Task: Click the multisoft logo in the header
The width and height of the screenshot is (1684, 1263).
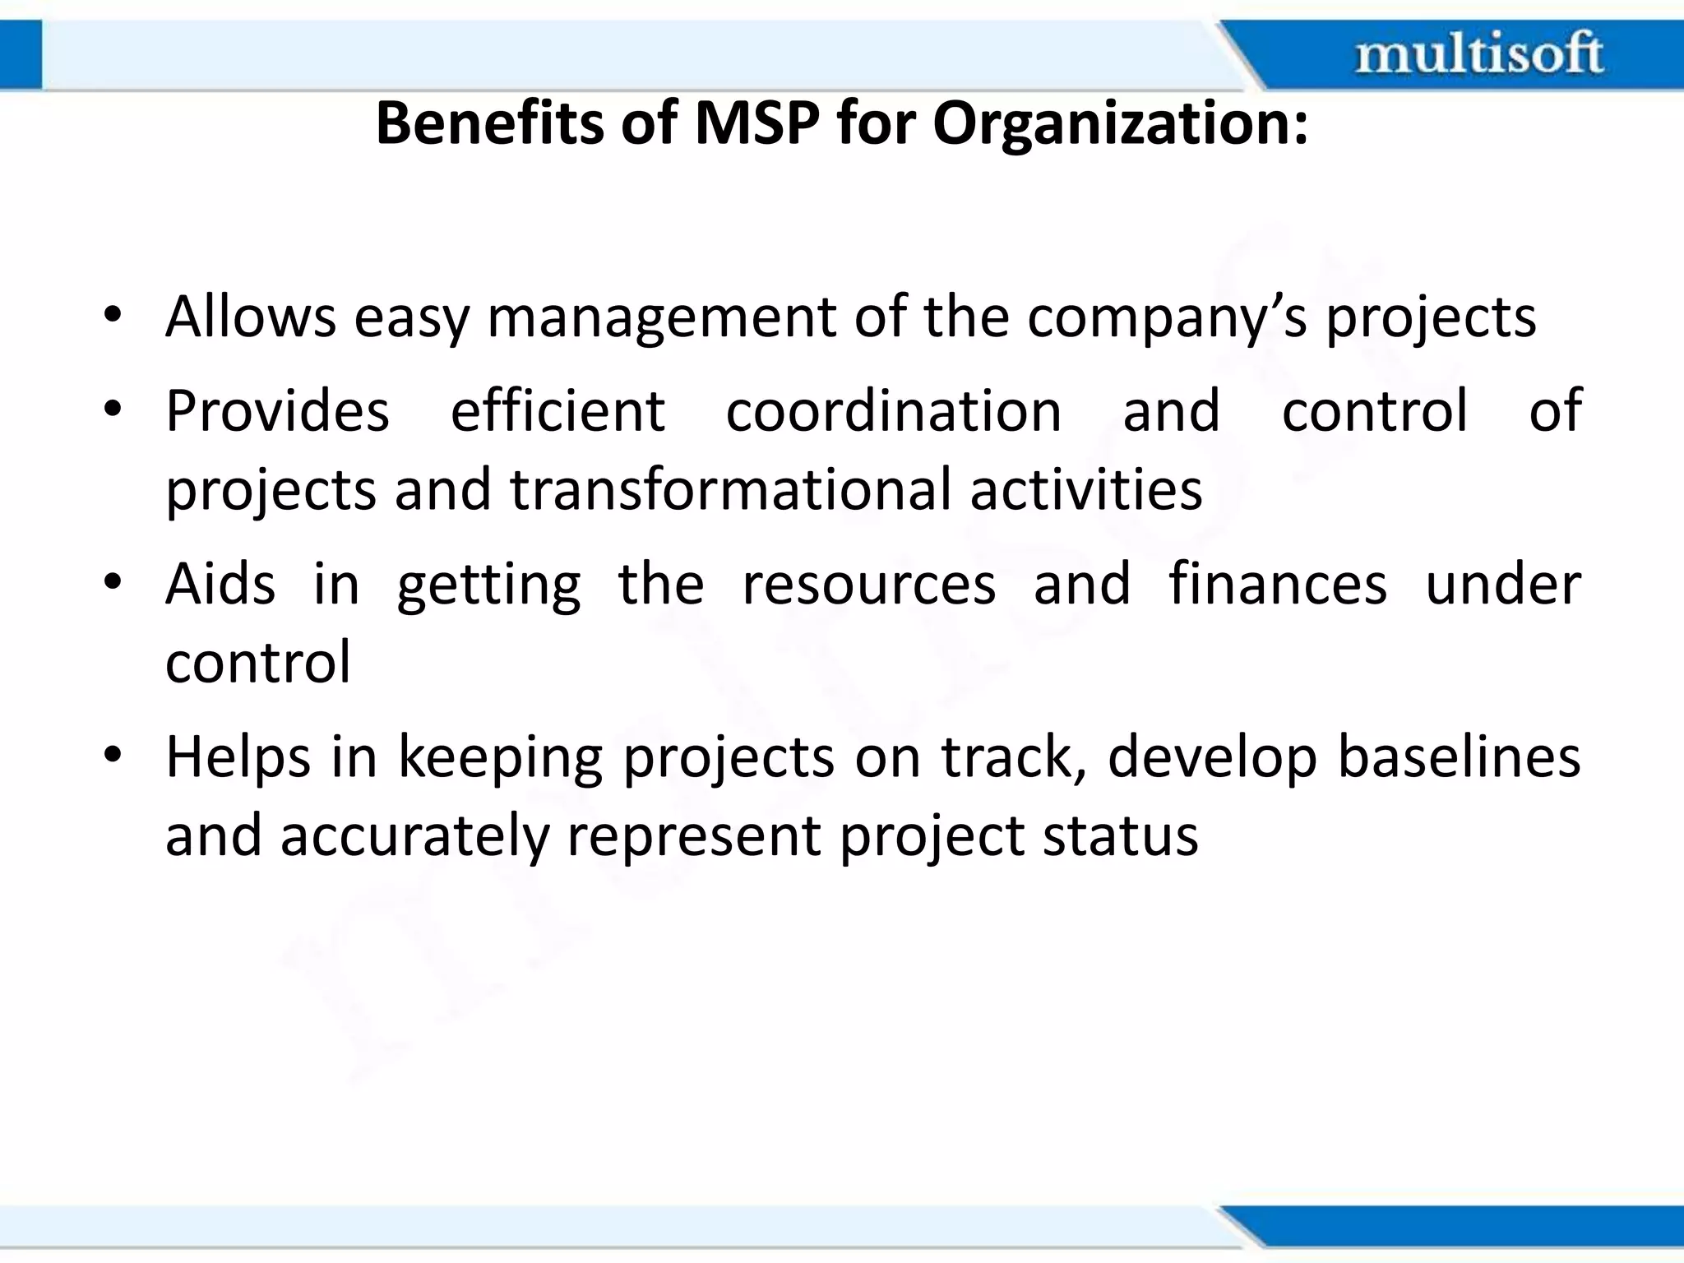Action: coord(1478,54)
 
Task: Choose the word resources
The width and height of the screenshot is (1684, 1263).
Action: coord(868,585)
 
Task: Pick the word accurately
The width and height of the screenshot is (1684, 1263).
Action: coord(414,837)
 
